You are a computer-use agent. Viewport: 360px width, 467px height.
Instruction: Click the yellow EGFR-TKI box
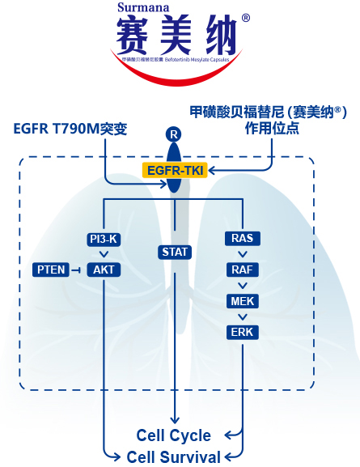[174, 170]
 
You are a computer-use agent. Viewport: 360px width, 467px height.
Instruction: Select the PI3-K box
[104, 239]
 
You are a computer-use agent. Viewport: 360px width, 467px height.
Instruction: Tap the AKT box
[104, 269]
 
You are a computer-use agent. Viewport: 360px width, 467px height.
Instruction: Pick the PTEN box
[50, 269]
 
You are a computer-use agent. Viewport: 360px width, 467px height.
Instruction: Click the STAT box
[174, 253]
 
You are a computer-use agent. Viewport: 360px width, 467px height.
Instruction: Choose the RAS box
[243, 239]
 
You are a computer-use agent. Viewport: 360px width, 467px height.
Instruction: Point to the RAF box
[243, 270]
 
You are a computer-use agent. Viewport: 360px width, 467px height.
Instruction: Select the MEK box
[243, 301]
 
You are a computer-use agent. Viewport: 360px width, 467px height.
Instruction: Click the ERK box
[243, 332]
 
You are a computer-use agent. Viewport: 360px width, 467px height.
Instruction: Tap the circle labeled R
[172, 133]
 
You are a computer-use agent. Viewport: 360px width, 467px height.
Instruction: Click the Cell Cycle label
[174, 435]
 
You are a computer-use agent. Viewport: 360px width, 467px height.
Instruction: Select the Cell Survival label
[174, 457]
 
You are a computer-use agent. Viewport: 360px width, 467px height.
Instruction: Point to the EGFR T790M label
[71, 129]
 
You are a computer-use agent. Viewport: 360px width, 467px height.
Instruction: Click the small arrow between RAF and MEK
[243, 286]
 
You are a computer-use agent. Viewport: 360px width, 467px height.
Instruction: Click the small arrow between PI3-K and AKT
[104, 254]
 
